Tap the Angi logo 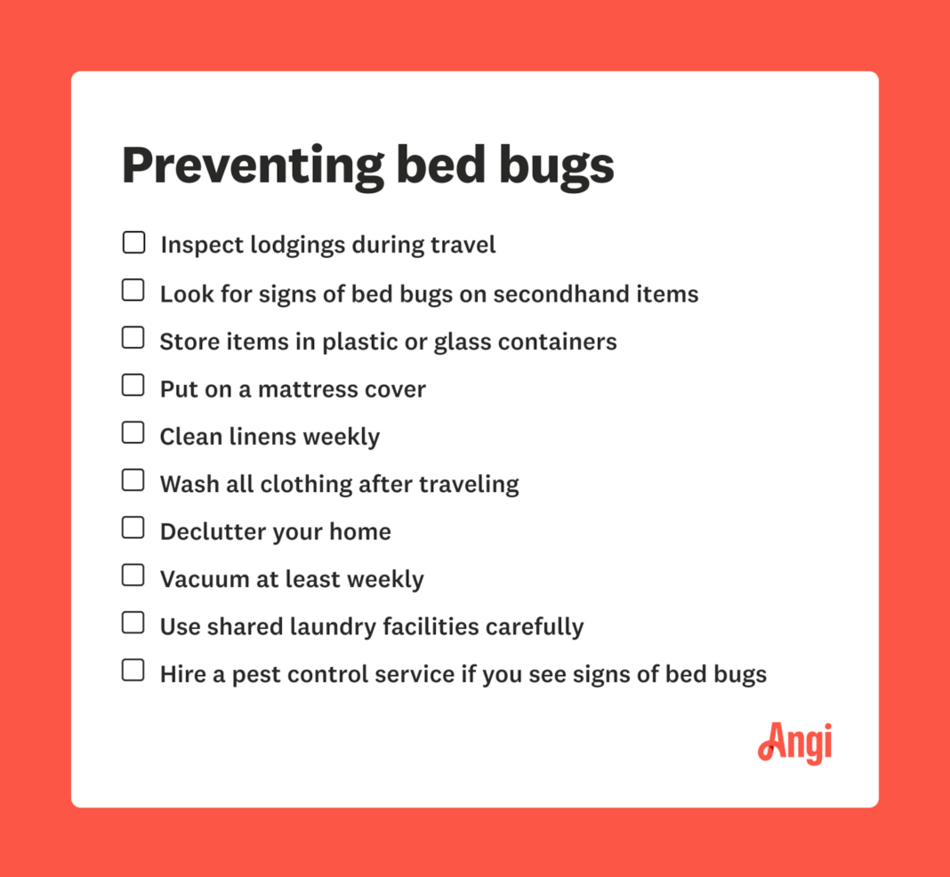[794, 743]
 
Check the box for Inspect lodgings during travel [133, 243]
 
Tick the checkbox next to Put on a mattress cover [133, 386]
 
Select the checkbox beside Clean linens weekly [133, 433]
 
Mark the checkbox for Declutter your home [133, 528]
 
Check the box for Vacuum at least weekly [133, 576]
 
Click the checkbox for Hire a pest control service [133, 672]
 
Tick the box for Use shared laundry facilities [133, 624]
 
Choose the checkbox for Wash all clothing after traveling [133, 481]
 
